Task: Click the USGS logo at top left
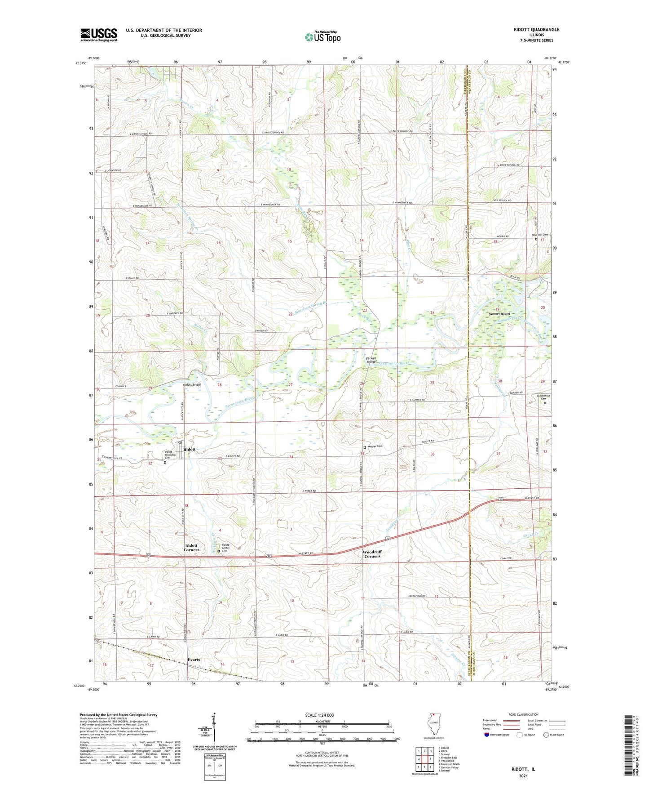[x=98, y=34]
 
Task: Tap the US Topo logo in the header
[x=322, y=37]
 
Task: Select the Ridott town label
[x=189, y=449]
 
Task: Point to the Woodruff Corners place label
[x=372, y=554]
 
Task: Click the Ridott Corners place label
[x=191, y=547]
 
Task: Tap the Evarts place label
[x=194, y=660]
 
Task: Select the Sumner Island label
[x=499, y=313]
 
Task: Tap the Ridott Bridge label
[x=192, y=384]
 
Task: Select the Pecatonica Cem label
[x=544, y=397]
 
